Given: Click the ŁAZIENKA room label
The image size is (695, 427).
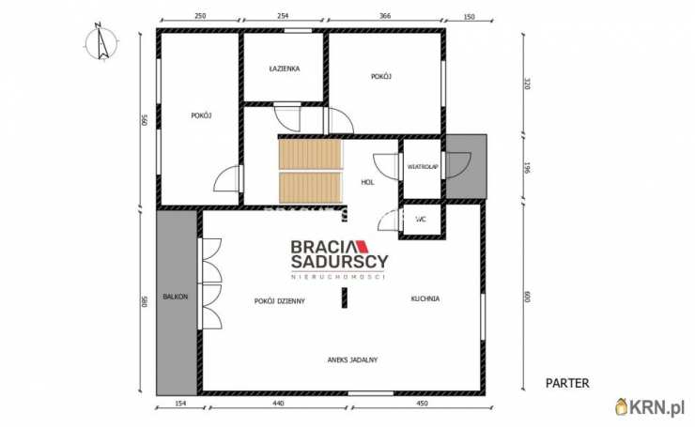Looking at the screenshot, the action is click(285, 69).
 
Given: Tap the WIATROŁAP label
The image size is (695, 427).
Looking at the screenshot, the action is click(423, 167).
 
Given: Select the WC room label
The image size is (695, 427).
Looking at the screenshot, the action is click(421, 219).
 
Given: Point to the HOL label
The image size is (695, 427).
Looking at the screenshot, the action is click(367, 182).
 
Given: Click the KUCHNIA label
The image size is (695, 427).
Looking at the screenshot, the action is click(425, 299).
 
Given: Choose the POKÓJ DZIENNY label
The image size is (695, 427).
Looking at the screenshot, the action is click(280, 301).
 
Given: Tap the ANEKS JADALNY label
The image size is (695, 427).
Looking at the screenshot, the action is click(352, 360).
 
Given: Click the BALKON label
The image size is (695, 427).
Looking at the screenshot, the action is click(176, 297).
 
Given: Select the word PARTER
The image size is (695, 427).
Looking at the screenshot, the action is click(567, 383).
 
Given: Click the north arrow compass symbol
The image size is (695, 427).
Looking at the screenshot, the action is click(102, 42).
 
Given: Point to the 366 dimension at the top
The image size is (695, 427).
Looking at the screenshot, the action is click(385, 16).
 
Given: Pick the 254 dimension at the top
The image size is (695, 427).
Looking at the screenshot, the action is click(283, 16).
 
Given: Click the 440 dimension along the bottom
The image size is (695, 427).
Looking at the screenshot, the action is click(278, 404).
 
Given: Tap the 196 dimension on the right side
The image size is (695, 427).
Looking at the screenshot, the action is click(527, 167).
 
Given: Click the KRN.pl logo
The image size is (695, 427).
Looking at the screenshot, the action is click(650, 406).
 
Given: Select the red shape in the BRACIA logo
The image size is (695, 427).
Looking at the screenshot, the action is click(363, 247).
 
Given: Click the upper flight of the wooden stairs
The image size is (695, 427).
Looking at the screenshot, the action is click(311, 154).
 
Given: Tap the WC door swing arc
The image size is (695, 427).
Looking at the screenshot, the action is click(385, 221).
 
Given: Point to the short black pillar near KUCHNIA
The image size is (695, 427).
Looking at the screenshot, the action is click(345, 297).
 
